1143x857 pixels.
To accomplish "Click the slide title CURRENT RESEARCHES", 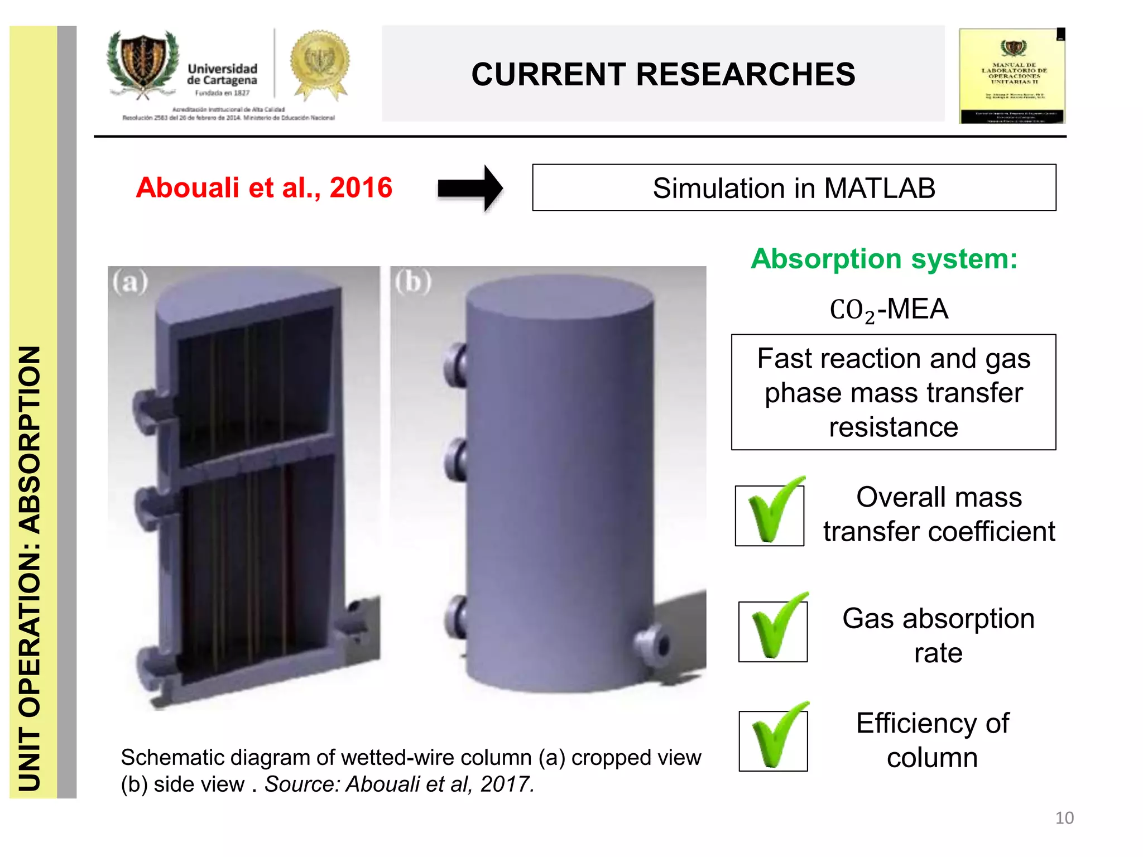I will (662, 74).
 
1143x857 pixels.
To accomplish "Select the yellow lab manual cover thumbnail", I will (1012, 76).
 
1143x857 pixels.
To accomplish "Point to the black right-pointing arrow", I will (470, 189).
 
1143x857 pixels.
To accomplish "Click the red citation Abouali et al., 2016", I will (264, 187).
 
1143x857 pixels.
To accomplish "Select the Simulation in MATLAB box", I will (794, 188).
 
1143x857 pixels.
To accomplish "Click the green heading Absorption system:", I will (884, 259).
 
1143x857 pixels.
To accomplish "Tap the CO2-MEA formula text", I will (889, 310).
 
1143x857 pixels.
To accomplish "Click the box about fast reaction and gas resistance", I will (893, 392).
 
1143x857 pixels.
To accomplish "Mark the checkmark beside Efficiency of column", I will (774, 738).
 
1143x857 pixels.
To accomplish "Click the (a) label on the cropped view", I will (130, 282).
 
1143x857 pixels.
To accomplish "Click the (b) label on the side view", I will (413, 282).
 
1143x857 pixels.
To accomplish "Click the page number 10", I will (1064, 818).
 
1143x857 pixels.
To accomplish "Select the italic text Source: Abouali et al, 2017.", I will (399, 784).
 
